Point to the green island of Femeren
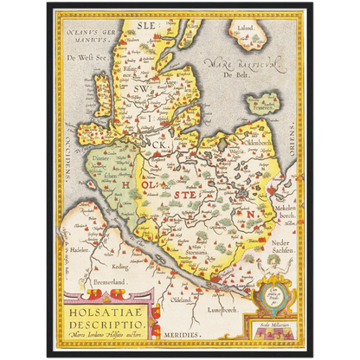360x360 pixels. coord(263,106)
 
